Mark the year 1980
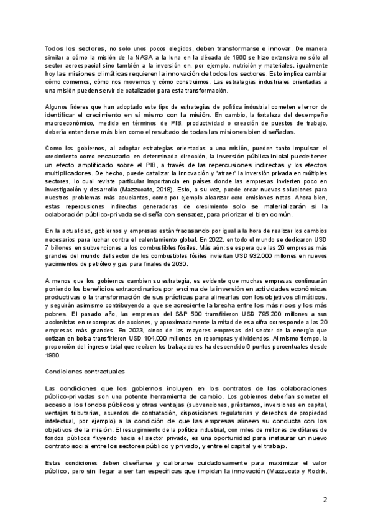(x=55, y=367)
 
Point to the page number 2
(x=325, y=499)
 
